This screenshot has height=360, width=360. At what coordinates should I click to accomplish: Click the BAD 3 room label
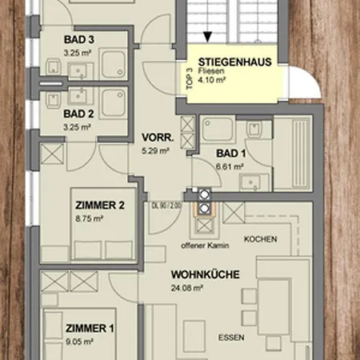click(79, 40)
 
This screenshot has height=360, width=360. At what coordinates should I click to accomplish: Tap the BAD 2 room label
click(78, 114)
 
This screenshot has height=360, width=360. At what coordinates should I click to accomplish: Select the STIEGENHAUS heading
click(235, 62)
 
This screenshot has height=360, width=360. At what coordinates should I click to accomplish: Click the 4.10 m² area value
click(212, 80)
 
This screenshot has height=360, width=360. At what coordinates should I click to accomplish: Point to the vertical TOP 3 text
click(190, 79)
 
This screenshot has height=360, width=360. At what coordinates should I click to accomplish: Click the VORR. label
click(158, 138)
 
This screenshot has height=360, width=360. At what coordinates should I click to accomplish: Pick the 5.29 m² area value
click(155, 151)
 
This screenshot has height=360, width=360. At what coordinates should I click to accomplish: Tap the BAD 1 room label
click(231, 154)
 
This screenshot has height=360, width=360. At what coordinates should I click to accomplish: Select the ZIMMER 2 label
click(100, 206)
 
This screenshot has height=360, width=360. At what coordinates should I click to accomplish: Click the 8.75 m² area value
click(90, 218)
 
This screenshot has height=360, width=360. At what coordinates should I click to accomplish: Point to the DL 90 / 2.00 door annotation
click(166, 206)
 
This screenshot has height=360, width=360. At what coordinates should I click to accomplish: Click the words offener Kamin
click(205, 246)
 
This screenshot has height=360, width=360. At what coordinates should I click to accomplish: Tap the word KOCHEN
click(260, 239)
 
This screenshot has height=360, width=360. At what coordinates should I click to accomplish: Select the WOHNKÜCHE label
click(206, 274)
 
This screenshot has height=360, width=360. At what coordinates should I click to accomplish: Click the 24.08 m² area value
click(187, 288)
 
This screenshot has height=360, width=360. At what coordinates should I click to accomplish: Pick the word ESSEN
click(231, 338)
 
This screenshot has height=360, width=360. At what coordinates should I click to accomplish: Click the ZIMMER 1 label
click(90, 328)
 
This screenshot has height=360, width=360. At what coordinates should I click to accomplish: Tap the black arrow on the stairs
click(207, 37)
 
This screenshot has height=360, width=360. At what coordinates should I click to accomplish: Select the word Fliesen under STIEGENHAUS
click(211, 71)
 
